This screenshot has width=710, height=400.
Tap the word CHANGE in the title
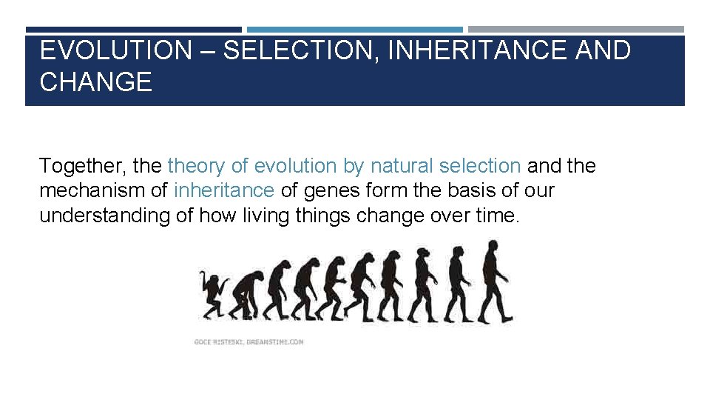(x=95, y=81)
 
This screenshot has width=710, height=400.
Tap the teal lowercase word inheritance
(x=223, y=190)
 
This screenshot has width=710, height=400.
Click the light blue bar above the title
(x=354, y=30)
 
